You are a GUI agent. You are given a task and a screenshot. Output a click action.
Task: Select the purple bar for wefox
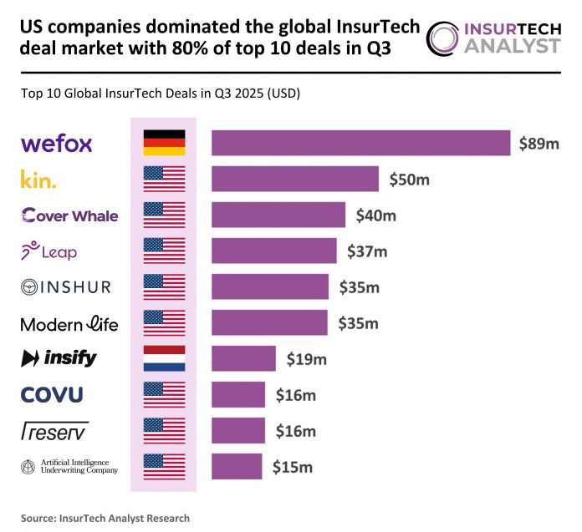(360, 143)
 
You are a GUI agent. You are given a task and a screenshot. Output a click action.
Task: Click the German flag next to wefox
(164, 143)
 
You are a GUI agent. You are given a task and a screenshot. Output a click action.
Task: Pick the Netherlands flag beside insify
(164, 358)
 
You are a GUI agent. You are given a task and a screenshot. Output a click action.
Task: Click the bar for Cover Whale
(278, 215)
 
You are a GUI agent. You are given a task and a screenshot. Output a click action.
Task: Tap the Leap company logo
(48, 251)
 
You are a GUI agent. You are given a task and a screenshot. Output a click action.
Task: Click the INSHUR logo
(65, 286)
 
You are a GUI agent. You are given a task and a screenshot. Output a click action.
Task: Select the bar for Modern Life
(269, 322)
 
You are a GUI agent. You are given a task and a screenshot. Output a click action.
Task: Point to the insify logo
(59, 358)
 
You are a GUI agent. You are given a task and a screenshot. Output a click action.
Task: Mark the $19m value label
(306, 359)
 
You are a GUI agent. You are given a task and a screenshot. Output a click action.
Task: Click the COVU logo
(52, 394)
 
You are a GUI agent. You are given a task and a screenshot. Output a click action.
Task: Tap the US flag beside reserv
(164, 430)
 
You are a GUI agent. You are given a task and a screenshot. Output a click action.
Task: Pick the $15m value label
(292, 467)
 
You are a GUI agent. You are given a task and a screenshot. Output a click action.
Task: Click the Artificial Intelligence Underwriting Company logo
(69, 466)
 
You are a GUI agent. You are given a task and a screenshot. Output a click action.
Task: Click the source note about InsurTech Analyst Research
(105, 518)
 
